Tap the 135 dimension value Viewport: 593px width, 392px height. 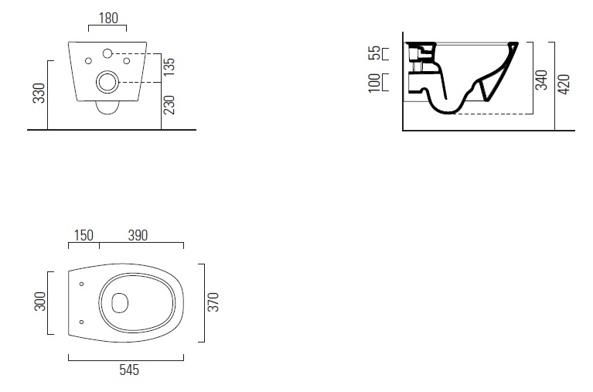pyautogui.click(x=169, y=67)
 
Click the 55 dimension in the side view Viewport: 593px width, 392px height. pyautogui.click(x=375, y=53)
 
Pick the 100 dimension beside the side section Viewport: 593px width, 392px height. pyautogui.click(x=375, y=83)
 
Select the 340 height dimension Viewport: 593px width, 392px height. pyautogui.click(x=541, y=79)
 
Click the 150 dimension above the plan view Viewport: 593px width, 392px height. pyautogui.click(x=85, y=235)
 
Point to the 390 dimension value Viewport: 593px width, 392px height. pyautogui.click(x=138, y=235)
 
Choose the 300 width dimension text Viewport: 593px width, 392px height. pyautogui.click(x=39, y=302)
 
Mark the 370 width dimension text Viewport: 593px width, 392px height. pyautogui.click(x=214, y=302)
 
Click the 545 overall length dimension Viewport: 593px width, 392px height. pyautogui.click(x=128, y=370)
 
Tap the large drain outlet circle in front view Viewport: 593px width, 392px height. pyautogui.click(x=107, y=80)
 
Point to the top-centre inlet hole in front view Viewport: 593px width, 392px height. pyautogui.click(x=107, y=53)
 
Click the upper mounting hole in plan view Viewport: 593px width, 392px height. pyautogui.click(x=82, y=284)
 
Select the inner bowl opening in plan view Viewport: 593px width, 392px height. pyautogui.click(x=120, y=302)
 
